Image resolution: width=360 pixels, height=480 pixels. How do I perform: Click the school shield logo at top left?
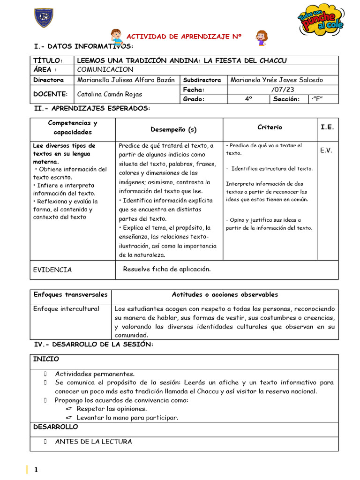click(44, 17)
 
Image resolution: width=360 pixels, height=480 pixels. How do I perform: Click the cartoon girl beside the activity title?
click(262, 38)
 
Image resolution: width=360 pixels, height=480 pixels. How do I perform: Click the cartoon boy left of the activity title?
click(115, 37)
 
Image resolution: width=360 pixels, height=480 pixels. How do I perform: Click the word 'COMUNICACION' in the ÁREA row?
click(105, 69)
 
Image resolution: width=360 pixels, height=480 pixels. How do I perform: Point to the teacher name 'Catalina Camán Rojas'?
click(110, 94)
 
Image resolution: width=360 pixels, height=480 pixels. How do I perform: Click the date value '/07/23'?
click(282, 89)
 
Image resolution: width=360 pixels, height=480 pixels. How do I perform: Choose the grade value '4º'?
click(248, 98)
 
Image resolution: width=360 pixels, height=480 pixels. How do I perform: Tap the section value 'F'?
click(317, 98)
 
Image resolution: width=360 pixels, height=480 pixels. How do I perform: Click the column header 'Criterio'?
click(270, 127)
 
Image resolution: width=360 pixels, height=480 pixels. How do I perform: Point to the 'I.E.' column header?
click(327, 127)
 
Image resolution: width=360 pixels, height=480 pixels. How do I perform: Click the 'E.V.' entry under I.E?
click(326, 150)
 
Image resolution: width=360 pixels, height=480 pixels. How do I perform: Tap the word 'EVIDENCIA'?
click(52, 270)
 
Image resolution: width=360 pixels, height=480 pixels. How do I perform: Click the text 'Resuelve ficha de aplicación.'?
click(167, 269)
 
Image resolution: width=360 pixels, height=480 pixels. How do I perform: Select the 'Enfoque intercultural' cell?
click(66, 308)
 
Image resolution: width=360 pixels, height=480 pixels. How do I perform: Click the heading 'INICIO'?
click(46, 359)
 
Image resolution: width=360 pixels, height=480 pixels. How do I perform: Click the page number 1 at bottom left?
click(36, 470)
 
